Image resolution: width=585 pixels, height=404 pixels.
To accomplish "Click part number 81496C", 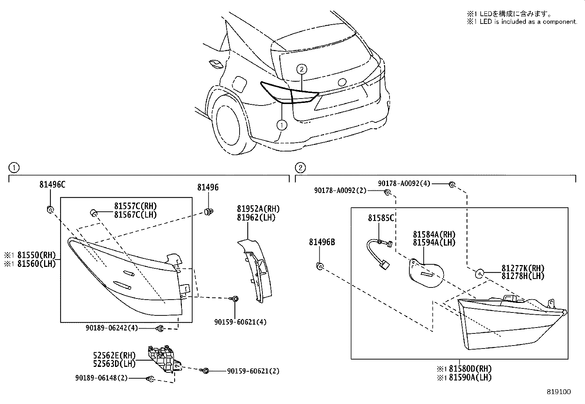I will click(52, 185).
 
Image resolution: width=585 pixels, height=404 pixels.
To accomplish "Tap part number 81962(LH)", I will click(256, 217).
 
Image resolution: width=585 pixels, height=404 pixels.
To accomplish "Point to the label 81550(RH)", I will click(35, 255).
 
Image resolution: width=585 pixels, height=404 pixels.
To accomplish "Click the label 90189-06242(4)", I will click(111, 328).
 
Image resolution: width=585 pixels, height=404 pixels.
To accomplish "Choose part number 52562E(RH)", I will click(114, 355).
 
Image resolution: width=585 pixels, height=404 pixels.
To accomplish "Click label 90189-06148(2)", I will click(101, 378).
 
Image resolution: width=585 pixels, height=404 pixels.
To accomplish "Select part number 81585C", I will click(381, 218).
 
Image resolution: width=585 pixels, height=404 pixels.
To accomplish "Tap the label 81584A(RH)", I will click(434, 235).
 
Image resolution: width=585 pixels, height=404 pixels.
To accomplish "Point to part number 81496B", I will click(322, 242).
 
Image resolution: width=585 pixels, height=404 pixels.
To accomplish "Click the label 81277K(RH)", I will click(523, 268).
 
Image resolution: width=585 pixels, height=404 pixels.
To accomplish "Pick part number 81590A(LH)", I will click(469, 377).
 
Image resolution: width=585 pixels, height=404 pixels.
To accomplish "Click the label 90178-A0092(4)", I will click(404, 183).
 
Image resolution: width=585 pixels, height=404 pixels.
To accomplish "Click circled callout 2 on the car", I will click(301, 69).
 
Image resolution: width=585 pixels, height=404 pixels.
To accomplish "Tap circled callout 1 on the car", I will click(282, 125).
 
